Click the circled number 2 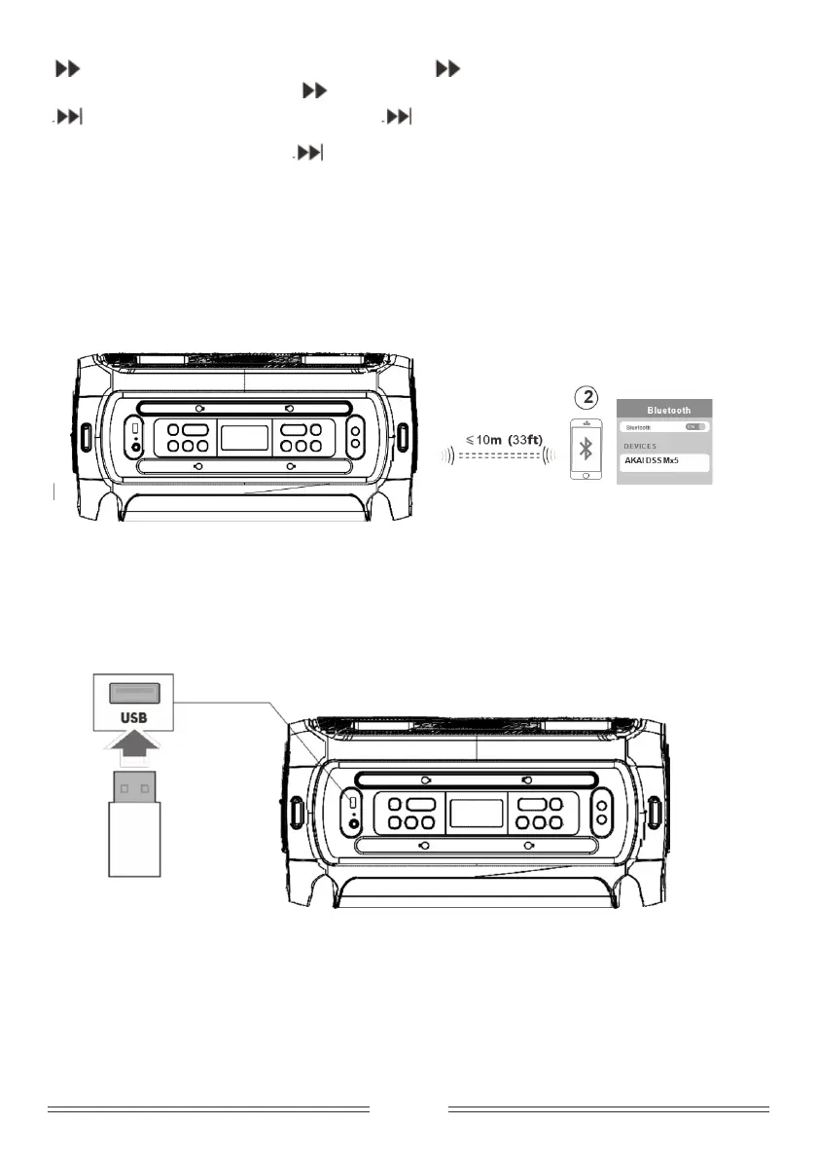(586, 397)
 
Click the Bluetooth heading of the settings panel (668, 410)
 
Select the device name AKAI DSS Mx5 (652, 460)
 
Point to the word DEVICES (641, 446)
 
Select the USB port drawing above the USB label (134, 694)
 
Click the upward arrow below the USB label (134, 753)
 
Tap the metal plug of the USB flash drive (134, 785)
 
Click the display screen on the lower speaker (476, 812)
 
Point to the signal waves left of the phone (551, 454)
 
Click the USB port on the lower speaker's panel (352, 804)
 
